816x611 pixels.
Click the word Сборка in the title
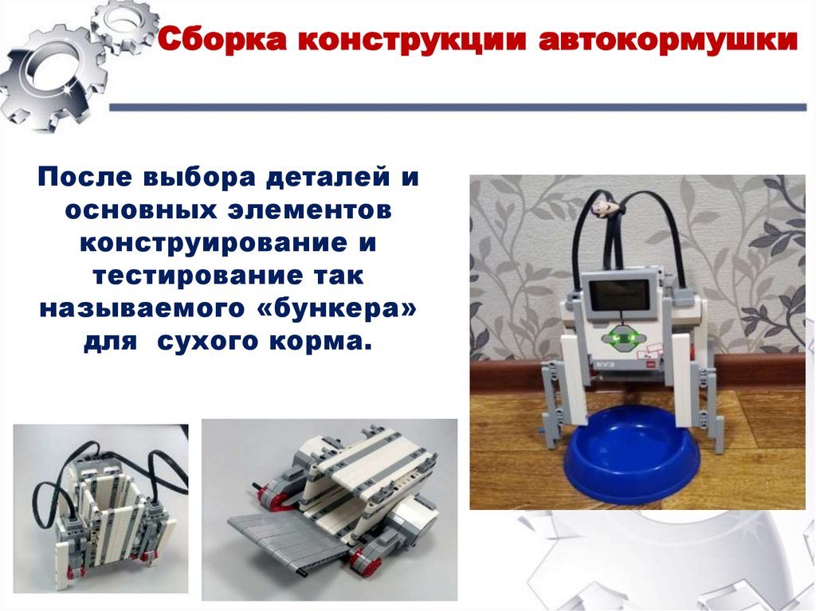pyautogui.click(x=222, y=40)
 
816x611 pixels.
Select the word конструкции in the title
pyautogui.click(x=412, y=41)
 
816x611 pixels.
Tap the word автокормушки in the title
pyautogui.click(x=668, y=41)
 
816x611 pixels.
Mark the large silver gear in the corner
pyautogui.click(x=51, y=77)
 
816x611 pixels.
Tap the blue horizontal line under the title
pyautogui.click(x=458, y=108)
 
